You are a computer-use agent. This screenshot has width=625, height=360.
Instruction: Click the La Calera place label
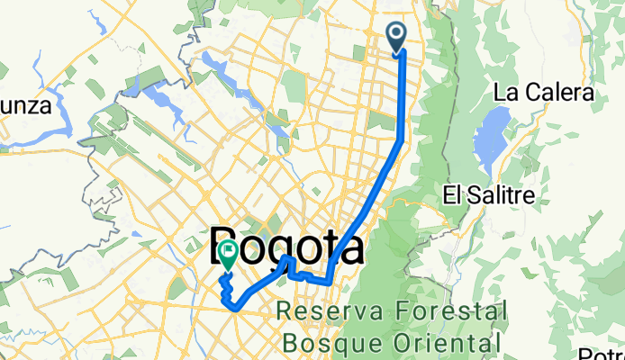(543, 94)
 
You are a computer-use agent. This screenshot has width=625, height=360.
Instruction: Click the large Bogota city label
(288, 247)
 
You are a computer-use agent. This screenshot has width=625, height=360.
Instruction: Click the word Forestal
(449, 313)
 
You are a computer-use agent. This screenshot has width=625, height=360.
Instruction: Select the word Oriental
(447, 342)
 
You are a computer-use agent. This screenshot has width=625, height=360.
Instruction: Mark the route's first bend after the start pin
(401, 139)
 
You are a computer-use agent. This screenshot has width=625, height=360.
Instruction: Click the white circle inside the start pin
(397, 34)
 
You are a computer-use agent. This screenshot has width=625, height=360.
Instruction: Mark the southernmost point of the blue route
(237, 308)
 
